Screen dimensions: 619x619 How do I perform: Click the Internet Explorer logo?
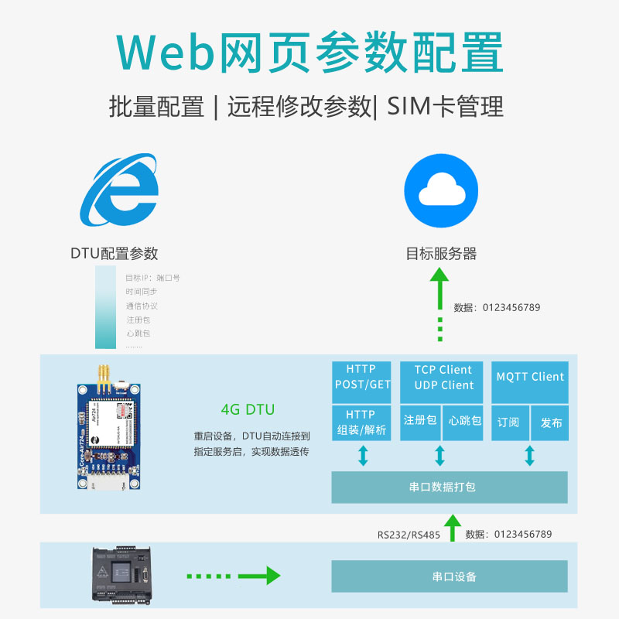point(120,192)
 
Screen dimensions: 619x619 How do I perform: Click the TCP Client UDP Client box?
point(443,378)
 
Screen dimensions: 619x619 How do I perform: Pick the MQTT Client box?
point(530,378)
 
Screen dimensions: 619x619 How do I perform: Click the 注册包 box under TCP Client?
point(420,422)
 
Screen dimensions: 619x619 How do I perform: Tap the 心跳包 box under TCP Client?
point(465,422)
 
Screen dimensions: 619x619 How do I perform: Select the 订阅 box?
point(508,423)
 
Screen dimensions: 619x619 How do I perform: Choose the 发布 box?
point(552,423)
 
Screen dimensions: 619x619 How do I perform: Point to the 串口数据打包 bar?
point(450,487)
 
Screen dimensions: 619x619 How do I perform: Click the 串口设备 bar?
point(450,576)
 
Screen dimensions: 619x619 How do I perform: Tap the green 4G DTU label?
point(248,409)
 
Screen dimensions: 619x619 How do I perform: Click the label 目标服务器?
point(441,254)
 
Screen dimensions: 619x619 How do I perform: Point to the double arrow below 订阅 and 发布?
point(530,455)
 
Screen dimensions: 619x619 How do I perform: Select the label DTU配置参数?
point(114,253)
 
